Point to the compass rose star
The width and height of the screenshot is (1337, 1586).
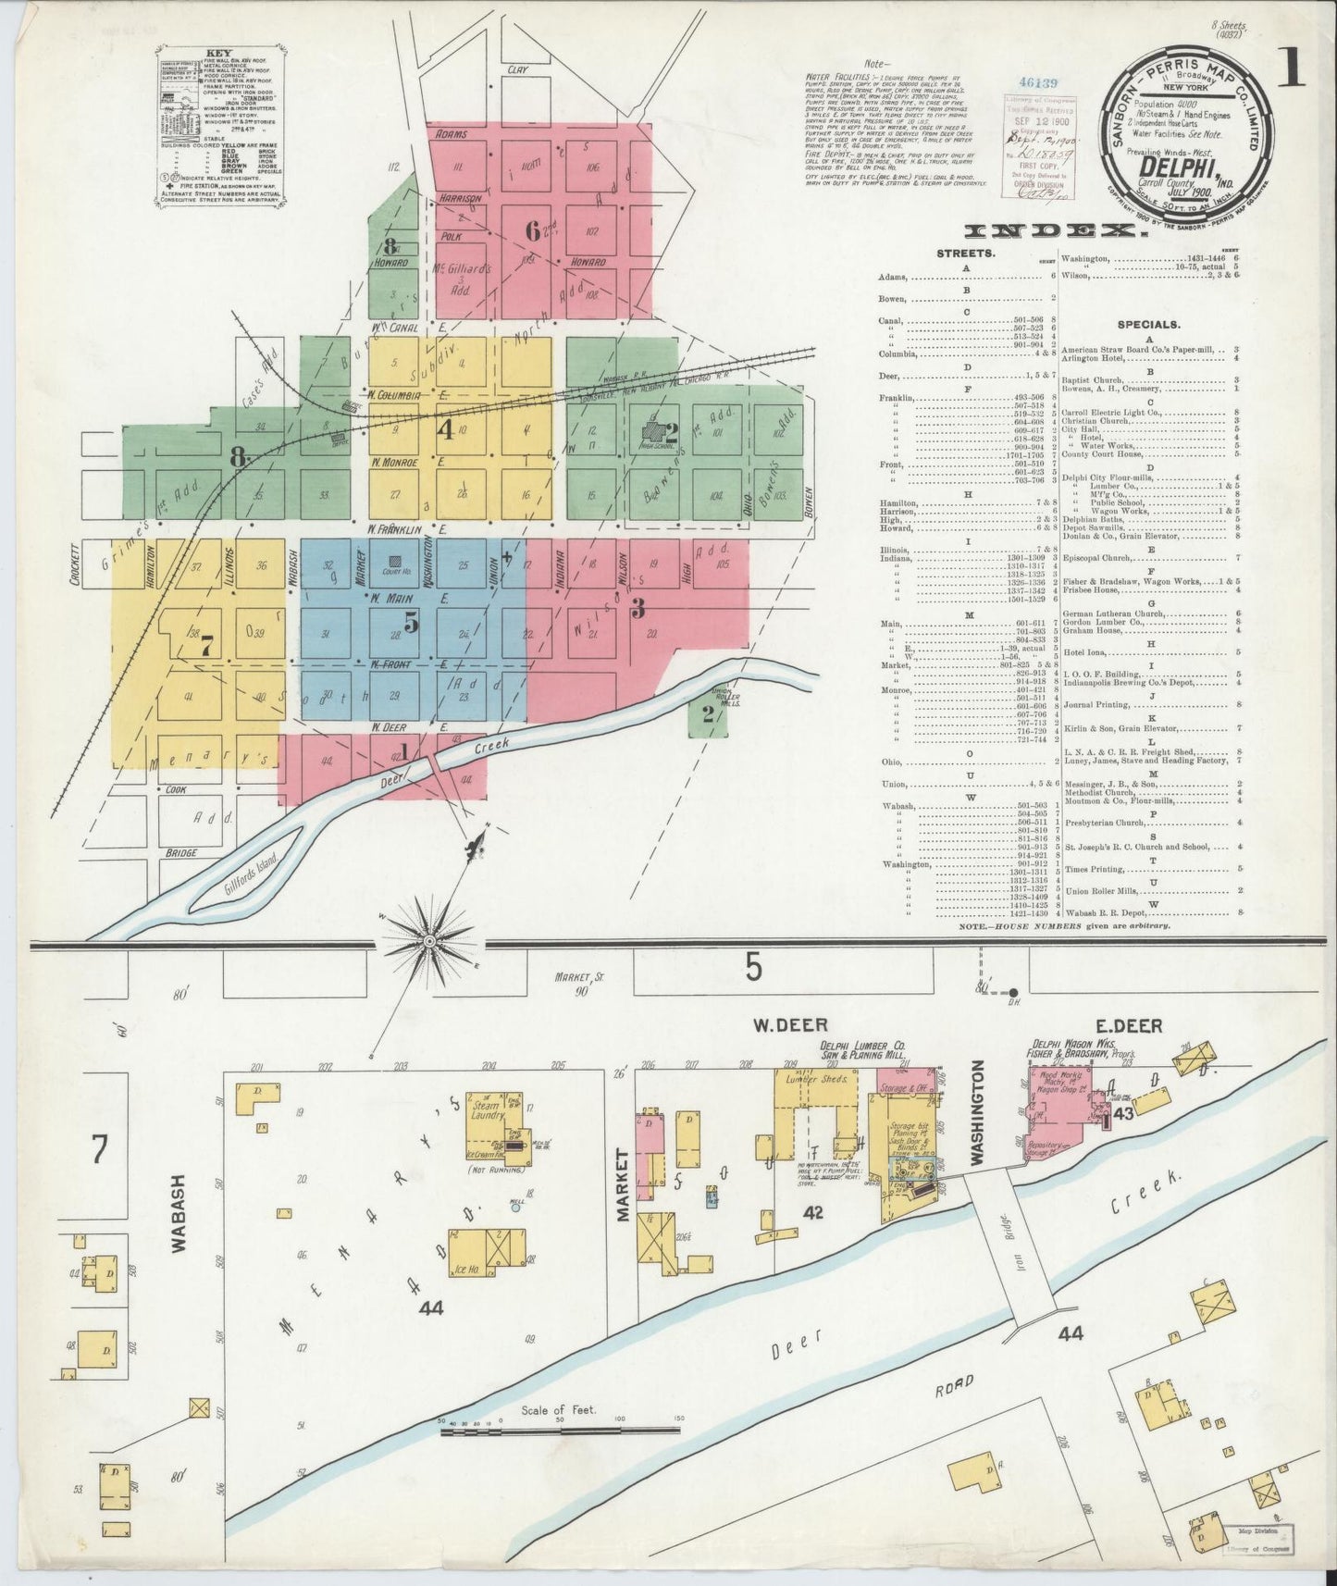(430, 941)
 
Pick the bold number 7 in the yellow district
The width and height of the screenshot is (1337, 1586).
(206, 647)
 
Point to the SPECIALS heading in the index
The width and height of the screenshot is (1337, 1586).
(1147, 325)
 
